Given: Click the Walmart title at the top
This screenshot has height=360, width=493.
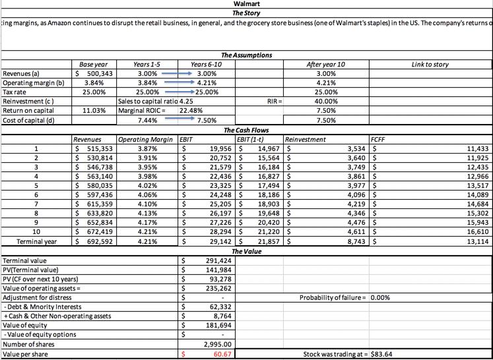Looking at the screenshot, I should (246, 5).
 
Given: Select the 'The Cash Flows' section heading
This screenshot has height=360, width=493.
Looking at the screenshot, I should (246, 130).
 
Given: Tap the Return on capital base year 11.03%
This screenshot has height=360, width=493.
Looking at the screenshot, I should (95, 111).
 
